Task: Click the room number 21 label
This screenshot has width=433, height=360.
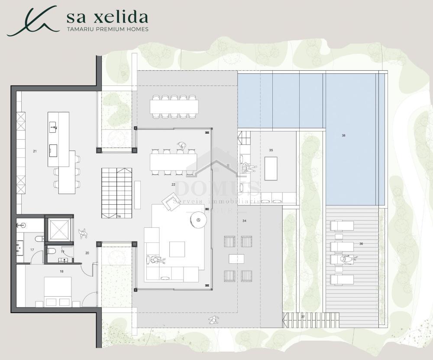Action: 35,151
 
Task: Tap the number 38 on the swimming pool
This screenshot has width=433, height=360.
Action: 343,135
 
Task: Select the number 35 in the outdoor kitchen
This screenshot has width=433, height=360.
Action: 271,150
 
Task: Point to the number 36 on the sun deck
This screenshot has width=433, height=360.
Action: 361,244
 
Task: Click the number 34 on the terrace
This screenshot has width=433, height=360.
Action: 244,221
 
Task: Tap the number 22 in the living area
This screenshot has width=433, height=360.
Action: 173,184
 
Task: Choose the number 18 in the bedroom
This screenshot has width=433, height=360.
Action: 61,271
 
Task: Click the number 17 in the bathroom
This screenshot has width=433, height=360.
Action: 32,250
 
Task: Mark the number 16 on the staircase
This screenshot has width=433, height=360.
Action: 119,216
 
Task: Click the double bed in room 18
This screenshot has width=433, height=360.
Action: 58,292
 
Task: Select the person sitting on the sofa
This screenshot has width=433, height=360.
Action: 155,260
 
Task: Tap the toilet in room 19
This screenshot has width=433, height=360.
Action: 51,251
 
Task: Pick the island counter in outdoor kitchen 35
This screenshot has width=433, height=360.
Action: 271,168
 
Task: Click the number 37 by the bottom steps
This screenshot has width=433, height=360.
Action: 303,317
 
